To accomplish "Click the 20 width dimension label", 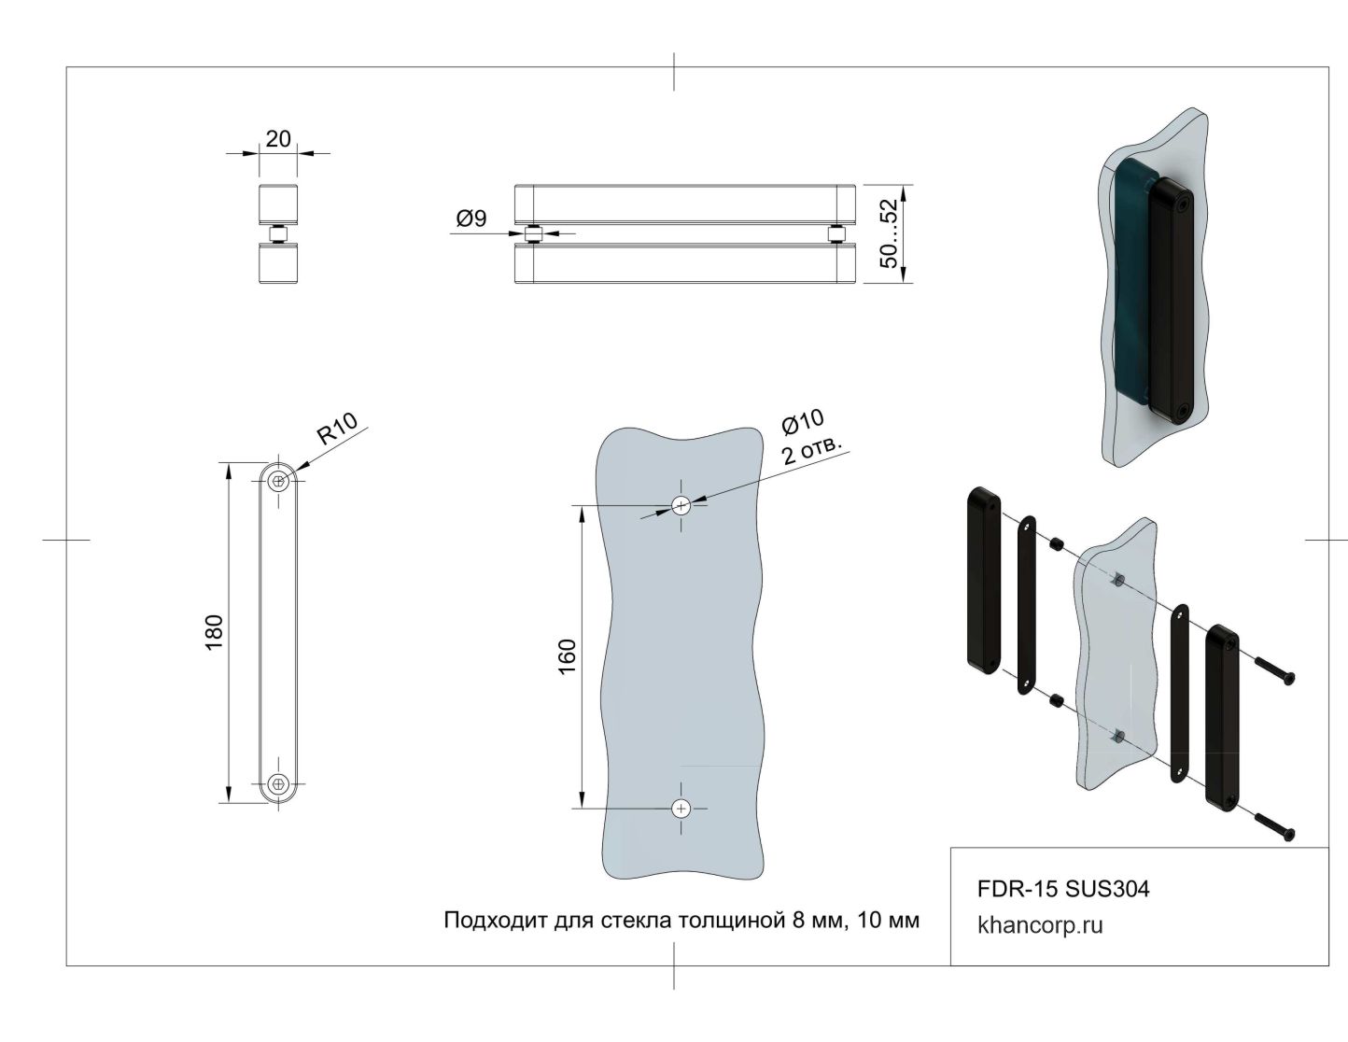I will coord(278,139).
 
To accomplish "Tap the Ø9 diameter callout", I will coord(471,219).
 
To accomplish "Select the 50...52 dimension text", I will coord(890,233).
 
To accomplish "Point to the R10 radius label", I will coord(337,429).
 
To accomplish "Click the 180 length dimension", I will coord(214,632).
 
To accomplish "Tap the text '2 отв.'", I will coord(812,449).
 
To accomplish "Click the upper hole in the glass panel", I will coord(681,505).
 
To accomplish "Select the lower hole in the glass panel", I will coord(681,808).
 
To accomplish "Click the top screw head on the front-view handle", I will coord(277,481).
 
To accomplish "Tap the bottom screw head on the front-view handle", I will coord(277,784).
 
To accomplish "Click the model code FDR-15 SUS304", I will coord(1063,889).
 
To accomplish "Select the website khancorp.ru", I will coord(1040,926).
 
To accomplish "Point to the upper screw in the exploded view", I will coord(1275,671).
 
